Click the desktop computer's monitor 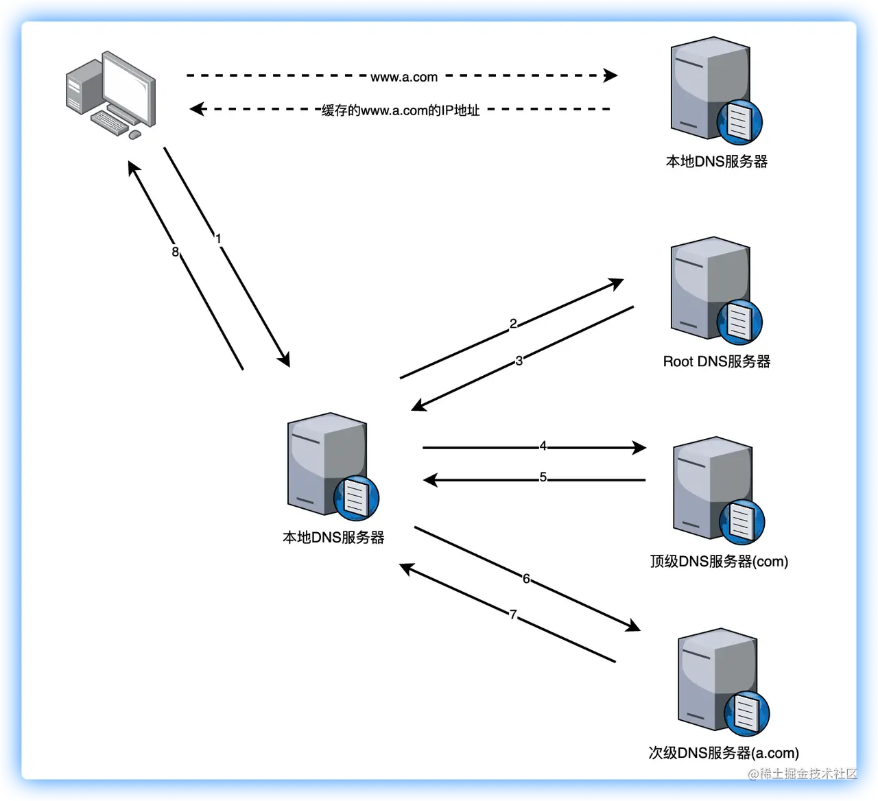pos(130,86)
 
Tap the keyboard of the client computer pos(110,123)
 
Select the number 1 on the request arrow pos(218,239)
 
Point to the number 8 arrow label pos(175,252)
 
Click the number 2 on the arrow pos(513,324)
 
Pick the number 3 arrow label pos(519,361)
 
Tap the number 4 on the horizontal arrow pos(543,446)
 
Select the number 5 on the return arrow pos(543,477)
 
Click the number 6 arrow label pos(526,578)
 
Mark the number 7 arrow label pos(513,614)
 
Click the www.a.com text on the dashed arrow pos(404,77)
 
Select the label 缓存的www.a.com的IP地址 pos(401,110)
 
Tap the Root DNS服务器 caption pos(717,361)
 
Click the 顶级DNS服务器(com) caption pos(719,562)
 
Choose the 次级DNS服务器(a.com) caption pos(724,753)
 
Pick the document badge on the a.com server pos(747,714)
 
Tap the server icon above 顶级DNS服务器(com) pos(713,487)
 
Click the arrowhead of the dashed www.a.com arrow pos(610,75)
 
